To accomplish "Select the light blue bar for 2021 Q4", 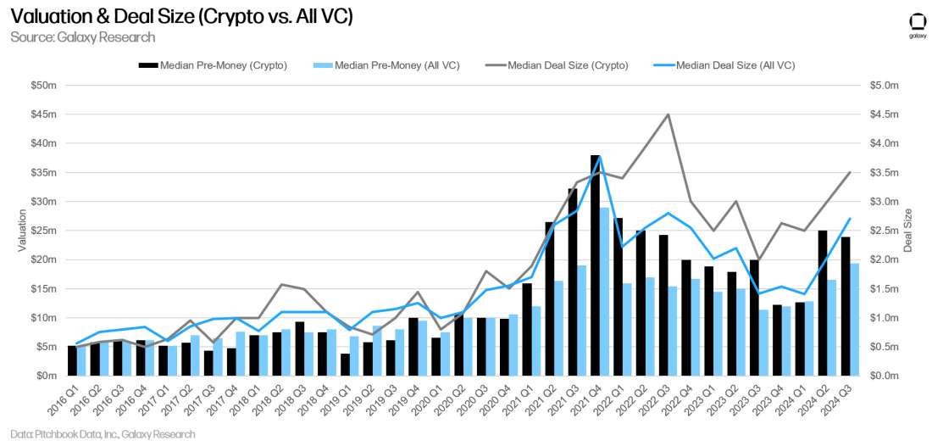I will tap(605, 292).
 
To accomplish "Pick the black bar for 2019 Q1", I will tap(346, 365).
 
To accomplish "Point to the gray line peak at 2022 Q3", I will tap(668, 114).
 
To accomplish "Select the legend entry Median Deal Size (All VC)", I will tap(729, 64).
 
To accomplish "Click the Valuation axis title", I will tap(23, 231).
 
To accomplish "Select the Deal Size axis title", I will tap(907, 231).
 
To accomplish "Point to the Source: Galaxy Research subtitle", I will tap(83, 37).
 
